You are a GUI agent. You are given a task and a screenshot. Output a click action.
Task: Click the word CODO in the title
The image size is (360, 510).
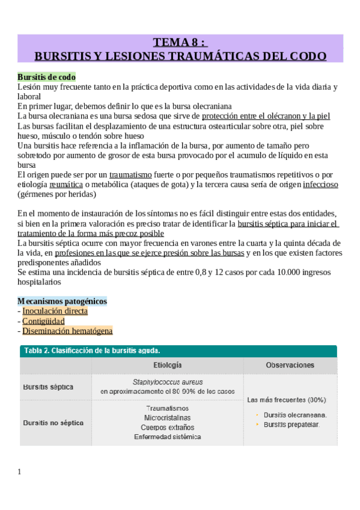(307, 56)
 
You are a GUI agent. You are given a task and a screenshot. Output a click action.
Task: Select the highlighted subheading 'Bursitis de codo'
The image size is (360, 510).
(46, 77)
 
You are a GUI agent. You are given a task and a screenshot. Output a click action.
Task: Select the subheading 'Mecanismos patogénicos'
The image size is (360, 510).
(63, 301)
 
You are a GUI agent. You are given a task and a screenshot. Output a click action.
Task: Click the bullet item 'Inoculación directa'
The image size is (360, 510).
(55, 311)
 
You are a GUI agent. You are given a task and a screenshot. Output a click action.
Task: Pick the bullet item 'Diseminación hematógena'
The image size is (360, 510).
(67, 331)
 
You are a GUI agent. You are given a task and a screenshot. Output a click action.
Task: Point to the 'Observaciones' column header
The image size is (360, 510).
(290, 365)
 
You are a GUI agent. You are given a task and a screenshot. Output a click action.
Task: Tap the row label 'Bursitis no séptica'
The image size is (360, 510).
(53, 423)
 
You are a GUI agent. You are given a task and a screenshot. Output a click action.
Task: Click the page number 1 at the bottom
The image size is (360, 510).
(20, 472)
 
